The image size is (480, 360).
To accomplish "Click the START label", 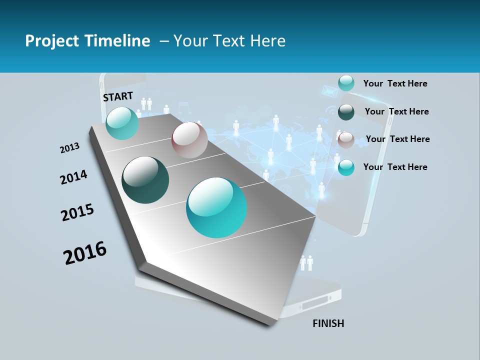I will click(x=118, y=96).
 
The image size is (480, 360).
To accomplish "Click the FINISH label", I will click(x=328, y=323).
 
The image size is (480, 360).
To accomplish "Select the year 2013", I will click(x=69, y=148).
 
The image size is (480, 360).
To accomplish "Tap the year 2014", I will click(x=73, y=177).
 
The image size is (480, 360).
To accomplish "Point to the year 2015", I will click(x=77, y=212).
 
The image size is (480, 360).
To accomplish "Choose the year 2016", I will click(x=85, y=253).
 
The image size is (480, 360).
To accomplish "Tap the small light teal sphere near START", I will click(x=122, y=123).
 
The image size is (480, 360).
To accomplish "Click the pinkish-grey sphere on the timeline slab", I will click(x=189, y=140).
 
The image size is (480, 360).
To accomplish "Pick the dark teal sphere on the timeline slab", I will click(x=145, y=180).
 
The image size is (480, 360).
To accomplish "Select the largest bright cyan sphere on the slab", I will click(x=216, y=207).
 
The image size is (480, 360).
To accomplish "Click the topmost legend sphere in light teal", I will click(x=346, y=83).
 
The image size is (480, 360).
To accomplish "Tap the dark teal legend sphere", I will click(x=346, y=112).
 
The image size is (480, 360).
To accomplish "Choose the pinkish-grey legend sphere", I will click(x=346, y=140).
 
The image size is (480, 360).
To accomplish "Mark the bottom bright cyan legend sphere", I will click(x=346, y=167).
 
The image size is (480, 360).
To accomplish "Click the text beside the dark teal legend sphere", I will click(x=396, y=111).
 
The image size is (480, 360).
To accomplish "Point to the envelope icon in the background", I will click(x=328, y=91).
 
